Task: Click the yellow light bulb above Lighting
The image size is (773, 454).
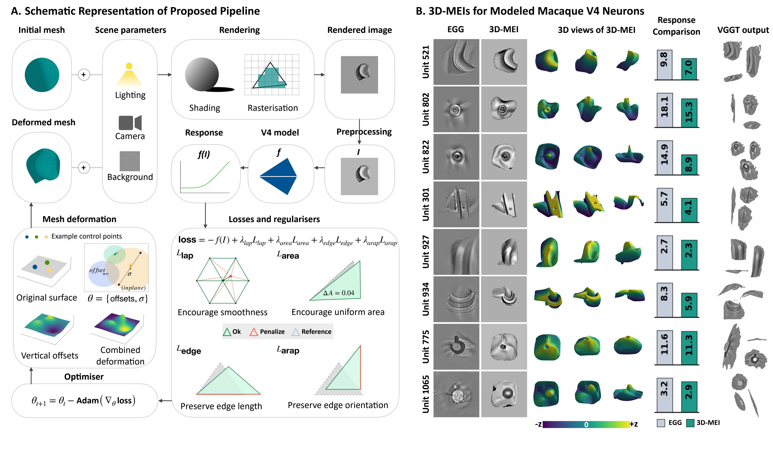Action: (x=129, y=66)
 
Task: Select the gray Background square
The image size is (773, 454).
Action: (x=129, y=161)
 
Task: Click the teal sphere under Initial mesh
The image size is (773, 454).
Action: (x=42, y=75)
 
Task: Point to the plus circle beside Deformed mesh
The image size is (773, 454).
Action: (x=84, y=168)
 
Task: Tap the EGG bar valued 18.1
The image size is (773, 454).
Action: (x=664, y=110)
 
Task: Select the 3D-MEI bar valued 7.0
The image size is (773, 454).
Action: (x=689, y=69)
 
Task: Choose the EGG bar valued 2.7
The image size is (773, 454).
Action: (x=664, y=253)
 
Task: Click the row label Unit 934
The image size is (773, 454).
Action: (x=426, y=299)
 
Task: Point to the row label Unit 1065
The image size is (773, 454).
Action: (x=426, y=394)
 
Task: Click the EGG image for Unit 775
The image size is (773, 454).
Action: (x=456, y=347)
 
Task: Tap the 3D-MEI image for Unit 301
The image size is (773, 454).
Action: (x=504, y=204)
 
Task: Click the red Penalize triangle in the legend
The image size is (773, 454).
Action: (x=254, y=332)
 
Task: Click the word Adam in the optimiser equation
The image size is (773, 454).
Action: (x=88, y=401)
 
